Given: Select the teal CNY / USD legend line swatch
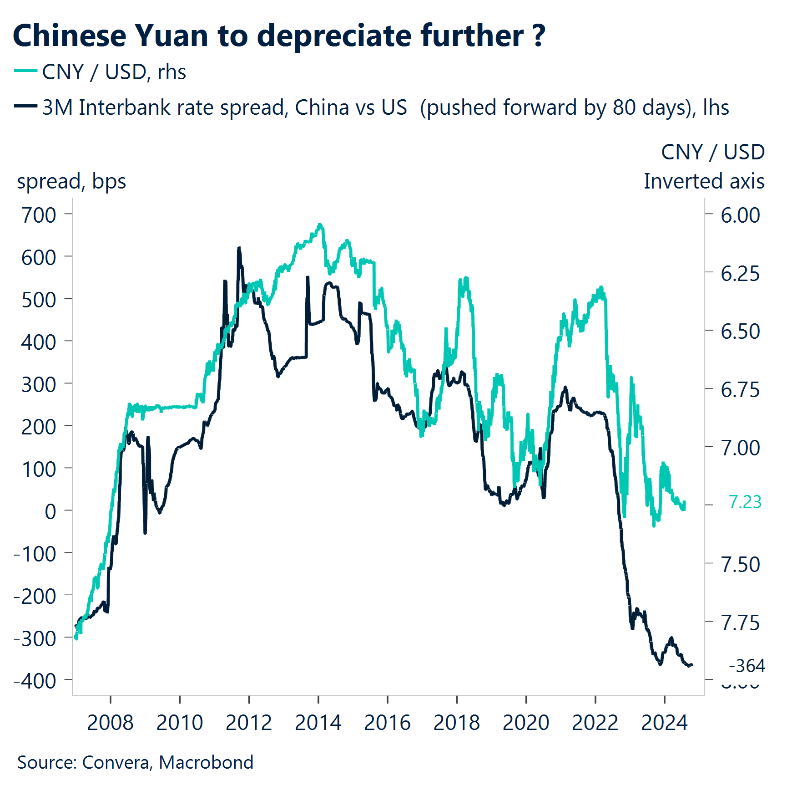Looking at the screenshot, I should (25, 71).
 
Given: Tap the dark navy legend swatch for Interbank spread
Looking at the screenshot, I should (25, 106).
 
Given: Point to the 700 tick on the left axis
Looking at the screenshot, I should (39, 215).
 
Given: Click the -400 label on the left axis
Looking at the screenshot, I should (35, 681).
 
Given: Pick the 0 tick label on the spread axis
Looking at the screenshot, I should (50, 511).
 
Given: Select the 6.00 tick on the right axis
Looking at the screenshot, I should (740, 215).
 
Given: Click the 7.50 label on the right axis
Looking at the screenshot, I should (740, 565).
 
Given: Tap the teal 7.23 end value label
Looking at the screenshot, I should (745, 502).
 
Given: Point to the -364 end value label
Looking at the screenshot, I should (747, 666).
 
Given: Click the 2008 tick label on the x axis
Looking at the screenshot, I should (110, 723).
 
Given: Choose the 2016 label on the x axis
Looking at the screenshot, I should (387, 723).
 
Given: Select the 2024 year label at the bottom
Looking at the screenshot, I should (664, 723).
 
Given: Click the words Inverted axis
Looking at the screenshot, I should (704, 181).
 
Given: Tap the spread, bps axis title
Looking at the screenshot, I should (71, 181).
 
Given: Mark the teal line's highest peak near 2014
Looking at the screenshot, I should (320, 225).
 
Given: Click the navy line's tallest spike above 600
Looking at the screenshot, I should (239, 248).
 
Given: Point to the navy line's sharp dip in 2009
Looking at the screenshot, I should (145, 533).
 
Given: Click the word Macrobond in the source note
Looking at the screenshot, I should (206, 762).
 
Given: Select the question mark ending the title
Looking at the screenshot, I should (539, 36).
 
